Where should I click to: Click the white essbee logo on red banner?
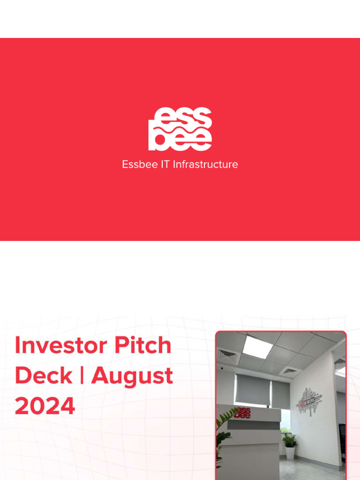point(180,129)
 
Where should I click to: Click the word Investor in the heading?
point(56,346)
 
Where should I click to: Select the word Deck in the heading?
point(44,376)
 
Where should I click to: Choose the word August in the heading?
point(132,376)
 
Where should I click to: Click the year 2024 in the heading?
point(45,406)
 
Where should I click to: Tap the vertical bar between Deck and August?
point(82,376)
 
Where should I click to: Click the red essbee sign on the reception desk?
point(242,413)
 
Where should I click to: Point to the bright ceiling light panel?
point(258,347)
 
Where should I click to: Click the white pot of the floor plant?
point(290,452)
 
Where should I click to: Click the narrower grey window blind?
point(281,394)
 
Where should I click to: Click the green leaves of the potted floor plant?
point(290,440)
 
